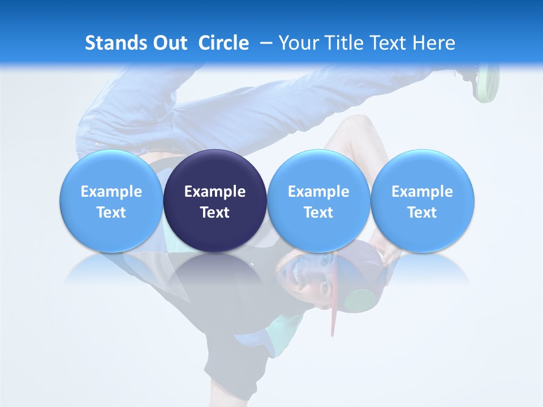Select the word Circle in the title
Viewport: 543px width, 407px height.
click(223, 43)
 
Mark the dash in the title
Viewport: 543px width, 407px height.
click(266, 43)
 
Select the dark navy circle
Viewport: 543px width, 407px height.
click(215, 201)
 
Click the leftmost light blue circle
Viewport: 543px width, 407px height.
click(111, 201)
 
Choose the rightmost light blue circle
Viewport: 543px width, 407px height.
click(422, 201)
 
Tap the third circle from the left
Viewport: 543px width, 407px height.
click(318, 201)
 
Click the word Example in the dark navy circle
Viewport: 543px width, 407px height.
click(215, 192)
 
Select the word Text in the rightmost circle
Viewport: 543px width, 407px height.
click(422, 213)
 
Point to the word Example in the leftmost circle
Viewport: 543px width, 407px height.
click(111, 192)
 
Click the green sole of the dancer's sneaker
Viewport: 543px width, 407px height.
click(488, 85)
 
